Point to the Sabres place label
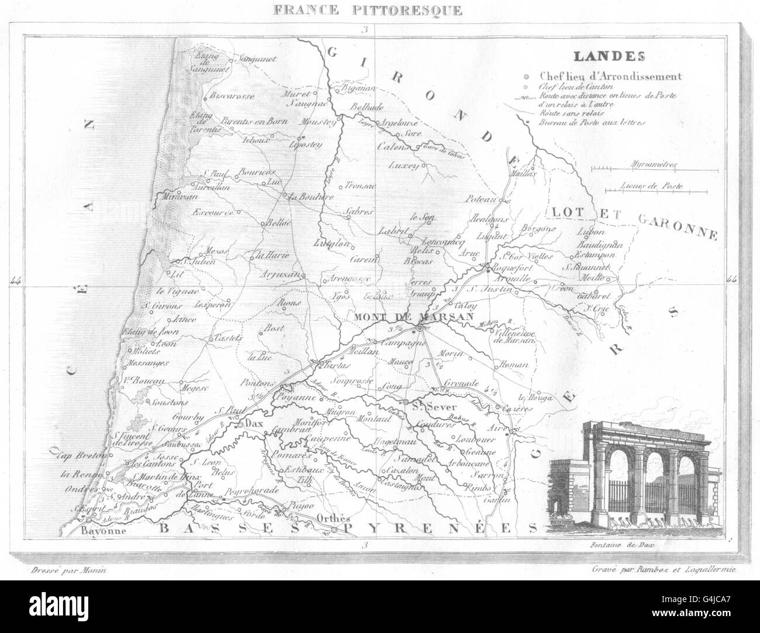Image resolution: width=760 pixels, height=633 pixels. pyautogui.click(x=357, y=212)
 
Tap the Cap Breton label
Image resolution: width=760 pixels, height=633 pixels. pyautogui.click(x=84, y=455)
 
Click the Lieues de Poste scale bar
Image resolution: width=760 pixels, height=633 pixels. pyautogui.click(x=654, y=189)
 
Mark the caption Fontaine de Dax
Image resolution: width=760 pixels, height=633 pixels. pyautogui.click(x=621, y=546)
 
